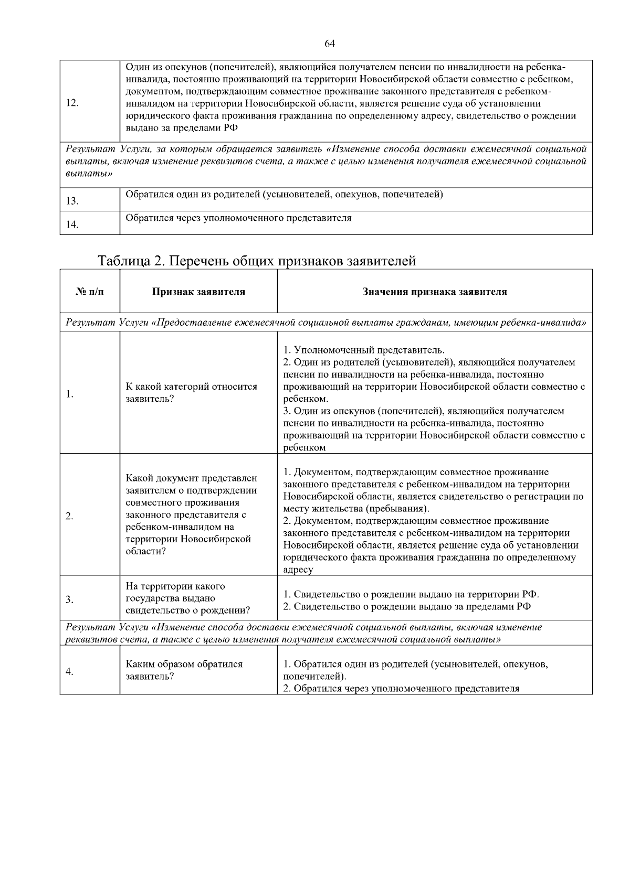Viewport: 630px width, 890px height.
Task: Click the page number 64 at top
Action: click(x=330, y=44)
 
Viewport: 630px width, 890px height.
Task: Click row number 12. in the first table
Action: click(x=72, y=103)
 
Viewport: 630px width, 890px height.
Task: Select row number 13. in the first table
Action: click(x=72, y=201)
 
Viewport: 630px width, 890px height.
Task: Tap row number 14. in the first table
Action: click(x=72, y=225)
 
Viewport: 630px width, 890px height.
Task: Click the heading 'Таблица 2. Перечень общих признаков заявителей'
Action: click(x=257, y=261)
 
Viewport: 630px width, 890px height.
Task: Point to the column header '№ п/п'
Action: click(x=90, y=292)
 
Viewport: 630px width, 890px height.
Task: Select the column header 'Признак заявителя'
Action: click(x=198, y=292)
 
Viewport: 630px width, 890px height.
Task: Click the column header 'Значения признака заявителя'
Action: click(x=435, y=292)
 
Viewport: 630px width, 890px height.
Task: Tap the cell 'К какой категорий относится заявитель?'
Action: click(x=192, y=393)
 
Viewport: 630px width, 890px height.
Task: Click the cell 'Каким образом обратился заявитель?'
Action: click(x=184, y=670)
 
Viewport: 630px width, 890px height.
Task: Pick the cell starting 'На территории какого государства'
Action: click(x=187, y=598)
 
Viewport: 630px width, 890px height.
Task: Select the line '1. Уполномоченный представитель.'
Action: click(x=364, y=350)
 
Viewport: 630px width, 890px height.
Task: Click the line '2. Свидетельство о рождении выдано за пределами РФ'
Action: click(x=407, y=607)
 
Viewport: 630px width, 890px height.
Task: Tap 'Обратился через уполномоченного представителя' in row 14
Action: click(x=238, y=218)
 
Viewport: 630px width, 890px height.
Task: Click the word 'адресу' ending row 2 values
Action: click(x=298, y=570)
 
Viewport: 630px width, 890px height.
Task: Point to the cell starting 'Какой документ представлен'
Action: click(x=192, y=514)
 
